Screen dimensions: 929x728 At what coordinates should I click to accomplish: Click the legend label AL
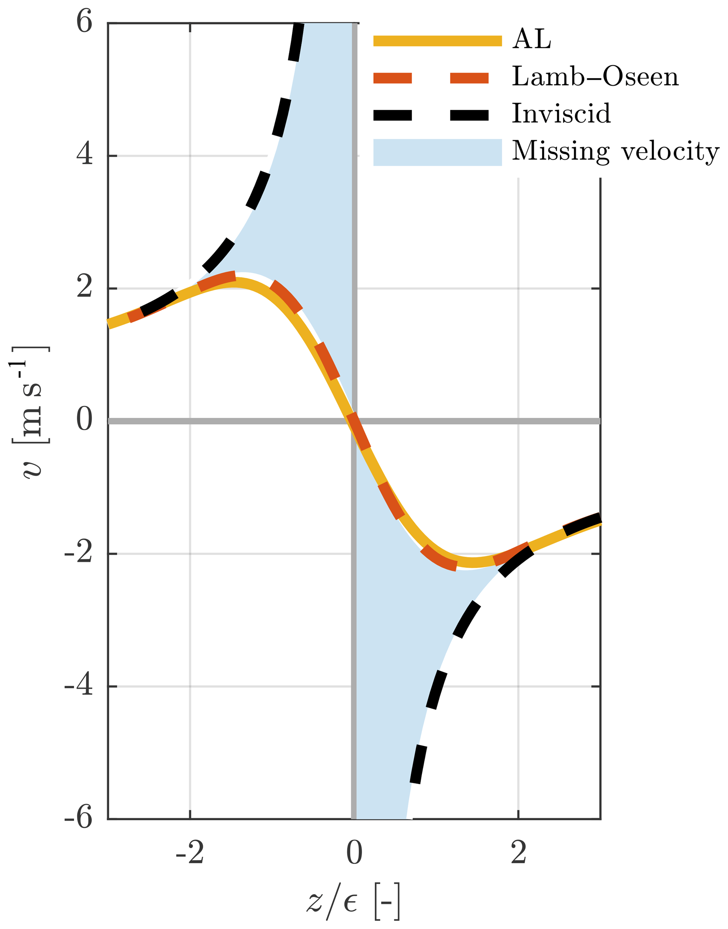(x=531, y=40)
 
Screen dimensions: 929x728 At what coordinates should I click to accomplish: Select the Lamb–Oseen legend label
(x=595, y=77)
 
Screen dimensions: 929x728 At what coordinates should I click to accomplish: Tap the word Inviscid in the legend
(x=561, y=114)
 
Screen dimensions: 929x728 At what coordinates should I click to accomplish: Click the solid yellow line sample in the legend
(x=437, y=40)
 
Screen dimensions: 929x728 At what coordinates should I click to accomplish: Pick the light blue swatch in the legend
(x=437, y=152)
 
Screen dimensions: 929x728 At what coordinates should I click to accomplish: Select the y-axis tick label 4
(x=85, y=155)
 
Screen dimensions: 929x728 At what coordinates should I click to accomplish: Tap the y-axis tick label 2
(x=85, y=288)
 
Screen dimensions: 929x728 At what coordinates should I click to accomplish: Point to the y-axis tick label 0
(x=85, y=420)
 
